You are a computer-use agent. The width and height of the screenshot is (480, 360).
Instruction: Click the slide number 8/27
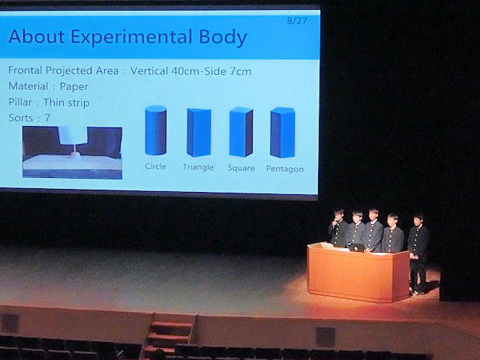297,21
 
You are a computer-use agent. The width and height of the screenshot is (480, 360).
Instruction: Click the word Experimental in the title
131,37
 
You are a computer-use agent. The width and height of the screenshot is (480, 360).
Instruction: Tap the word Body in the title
223,37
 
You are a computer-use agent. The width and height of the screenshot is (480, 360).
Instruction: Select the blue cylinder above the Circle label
156,130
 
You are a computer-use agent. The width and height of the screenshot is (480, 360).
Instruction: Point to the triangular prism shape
199,132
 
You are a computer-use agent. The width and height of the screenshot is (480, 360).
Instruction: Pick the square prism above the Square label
241,132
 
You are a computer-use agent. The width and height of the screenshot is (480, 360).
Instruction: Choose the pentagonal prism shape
283,132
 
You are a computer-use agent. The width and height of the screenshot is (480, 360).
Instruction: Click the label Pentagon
285,169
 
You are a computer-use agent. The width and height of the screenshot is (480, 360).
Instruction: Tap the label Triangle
198,167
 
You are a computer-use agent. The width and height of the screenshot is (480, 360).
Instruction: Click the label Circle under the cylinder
155,166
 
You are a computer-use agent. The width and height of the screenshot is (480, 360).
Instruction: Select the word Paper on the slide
74,87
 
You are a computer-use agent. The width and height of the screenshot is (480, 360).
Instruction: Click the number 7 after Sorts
47,118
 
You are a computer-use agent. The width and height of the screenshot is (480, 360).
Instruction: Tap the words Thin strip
67,103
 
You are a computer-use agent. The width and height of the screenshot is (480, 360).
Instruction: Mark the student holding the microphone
338,228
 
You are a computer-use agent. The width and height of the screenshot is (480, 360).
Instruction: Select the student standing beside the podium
418,253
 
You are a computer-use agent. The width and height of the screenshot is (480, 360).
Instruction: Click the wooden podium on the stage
358,271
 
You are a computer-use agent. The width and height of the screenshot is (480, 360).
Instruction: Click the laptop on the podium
355,247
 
